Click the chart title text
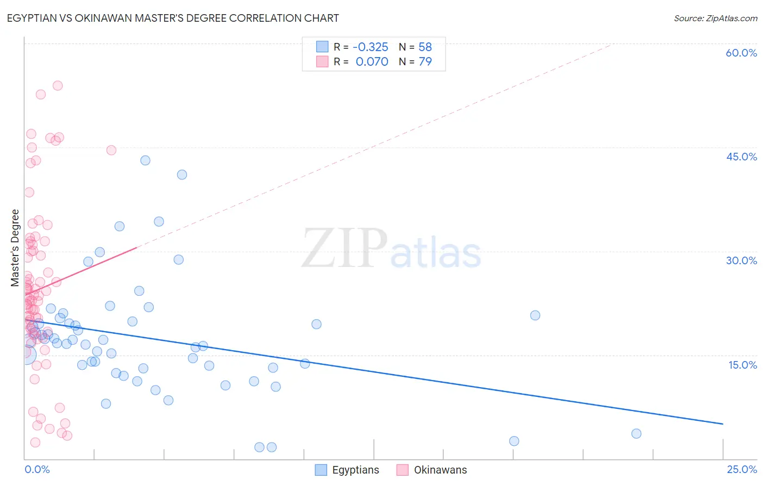click(x=173, y=18)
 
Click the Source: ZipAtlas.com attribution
click(x=715, y=18)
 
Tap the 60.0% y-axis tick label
click(x=741, y=53)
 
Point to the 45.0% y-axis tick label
click(x=741, y=157)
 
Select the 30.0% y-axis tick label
click(x=741, y=260)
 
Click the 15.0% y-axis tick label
click(x=742, y=365)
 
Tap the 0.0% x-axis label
click(x=37, y=469)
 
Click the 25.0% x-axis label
click(x=742, y=469)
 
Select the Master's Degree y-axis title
click(x=15, y=247)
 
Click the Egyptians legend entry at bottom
click(x=348, y=470)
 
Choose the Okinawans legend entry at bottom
click(x=432, y=470)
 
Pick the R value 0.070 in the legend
click(x=372, y=62)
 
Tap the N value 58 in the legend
click(x=425, y=47)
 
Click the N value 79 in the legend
click(x=425, y=62)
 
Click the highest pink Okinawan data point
click(x=58, y=85)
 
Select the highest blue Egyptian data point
click(x=145, y=160)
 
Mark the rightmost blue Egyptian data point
click(x=636, y=433)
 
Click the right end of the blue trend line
click(x=723, y=424)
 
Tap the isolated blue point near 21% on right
click(x=535, y=315)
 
